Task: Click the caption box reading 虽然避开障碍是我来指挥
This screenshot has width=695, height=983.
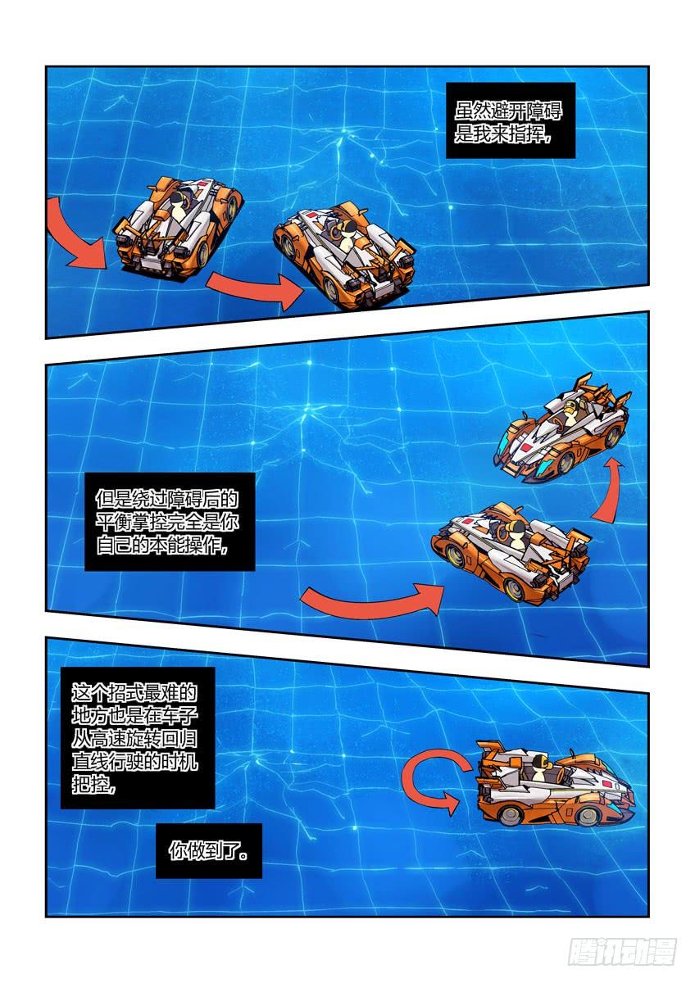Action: coord(510,120)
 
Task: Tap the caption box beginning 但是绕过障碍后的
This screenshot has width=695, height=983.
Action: coord(170,522)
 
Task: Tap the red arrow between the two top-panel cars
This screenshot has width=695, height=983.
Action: coord(255,288)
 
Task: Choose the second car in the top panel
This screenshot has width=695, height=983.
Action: coord(345,256)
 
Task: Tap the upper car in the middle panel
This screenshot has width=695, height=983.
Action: coord(563,428)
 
